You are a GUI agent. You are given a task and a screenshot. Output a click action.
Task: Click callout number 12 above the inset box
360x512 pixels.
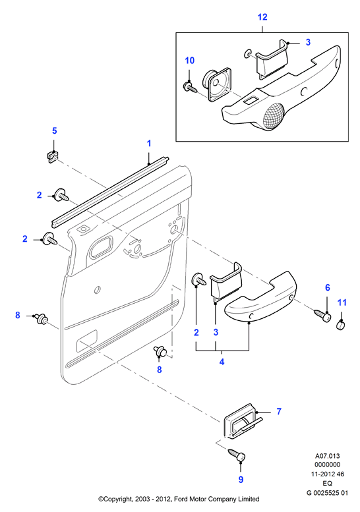(x=262, y=17)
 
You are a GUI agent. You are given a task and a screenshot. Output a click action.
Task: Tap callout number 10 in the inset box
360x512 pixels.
(x=189, y=61)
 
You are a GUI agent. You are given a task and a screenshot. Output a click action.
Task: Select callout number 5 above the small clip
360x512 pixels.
(x=54, y=130)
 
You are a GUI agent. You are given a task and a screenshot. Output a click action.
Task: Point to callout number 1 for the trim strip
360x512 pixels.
(x=149, y=144)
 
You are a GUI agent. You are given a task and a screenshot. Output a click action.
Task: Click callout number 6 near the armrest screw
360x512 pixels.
(x=327, y=288)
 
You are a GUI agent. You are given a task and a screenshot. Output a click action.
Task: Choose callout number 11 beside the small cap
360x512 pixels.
(x=342, y=302)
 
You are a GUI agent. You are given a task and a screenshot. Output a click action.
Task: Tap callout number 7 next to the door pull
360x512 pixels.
(x=279, y=411)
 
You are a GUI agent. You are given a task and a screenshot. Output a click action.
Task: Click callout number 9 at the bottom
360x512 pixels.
(x=241, y=479)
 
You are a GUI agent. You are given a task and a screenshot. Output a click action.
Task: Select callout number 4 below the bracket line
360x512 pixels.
(x=222, y=362)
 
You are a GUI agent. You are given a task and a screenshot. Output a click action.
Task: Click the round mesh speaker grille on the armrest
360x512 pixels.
(x=273, y=116)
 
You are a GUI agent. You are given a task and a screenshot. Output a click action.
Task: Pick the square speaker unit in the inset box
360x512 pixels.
(x=216, y=84)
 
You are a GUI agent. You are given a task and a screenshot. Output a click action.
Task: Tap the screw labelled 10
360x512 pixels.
(x=190, y=87)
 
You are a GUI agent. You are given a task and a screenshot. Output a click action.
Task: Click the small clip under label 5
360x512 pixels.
(x=51, y=156)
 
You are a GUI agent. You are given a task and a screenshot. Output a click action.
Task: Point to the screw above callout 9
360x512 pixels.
(x=237, y=454)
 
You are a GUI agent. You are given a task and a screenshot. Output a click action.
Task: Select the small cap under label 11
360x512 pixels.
(x=341, y=326)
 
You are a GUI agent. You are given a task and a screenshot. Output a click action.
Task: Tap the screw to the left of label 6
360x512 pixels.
(x=323, y=316)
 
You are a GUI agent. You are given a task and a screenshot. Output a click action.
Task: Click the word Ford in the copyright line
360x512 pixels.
(x=181, y=499)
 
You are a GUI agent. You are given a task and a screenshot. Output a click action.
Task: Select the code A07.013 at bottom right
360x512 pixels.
(x=327, y=456)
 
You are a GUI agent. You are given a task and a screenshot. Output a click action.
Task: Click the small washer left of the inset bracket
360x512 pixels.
(x=248, y=53)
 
